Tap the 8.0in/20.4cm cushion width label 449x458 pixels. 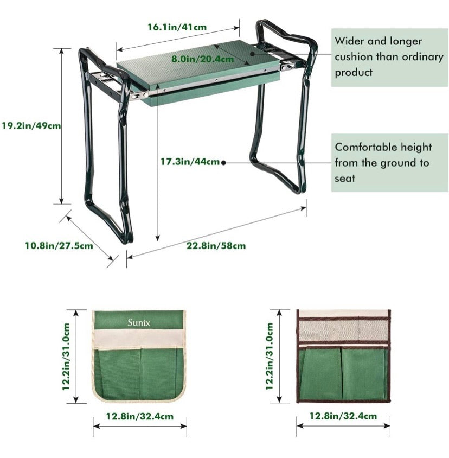coord(203,59)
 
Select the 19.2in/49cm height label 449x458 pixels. coord(31,125)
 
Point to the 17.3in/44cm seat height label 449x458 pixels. coord(190,161)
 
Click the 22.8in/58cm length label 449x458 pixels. coord(216,245)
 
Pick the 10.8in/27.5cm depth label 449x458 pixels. coord(59,245)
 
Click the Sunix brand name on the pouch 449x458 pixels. coord(139,322)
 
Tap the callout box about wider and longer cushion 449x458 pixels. coord(389,56)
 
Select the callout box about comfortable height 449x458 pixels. coord(389,162)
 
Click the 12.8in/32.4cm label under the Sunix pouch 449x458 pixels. coord(140,416)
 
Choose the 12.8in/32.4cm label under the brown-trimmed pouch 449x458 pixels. coord(343,416)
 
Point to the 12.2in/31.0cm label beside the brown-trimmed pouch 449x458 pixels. coord(270,357)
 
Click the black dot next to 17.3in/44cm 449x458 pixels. coord(223,162)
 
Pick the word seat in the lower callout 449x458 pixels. coord(345,178)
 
